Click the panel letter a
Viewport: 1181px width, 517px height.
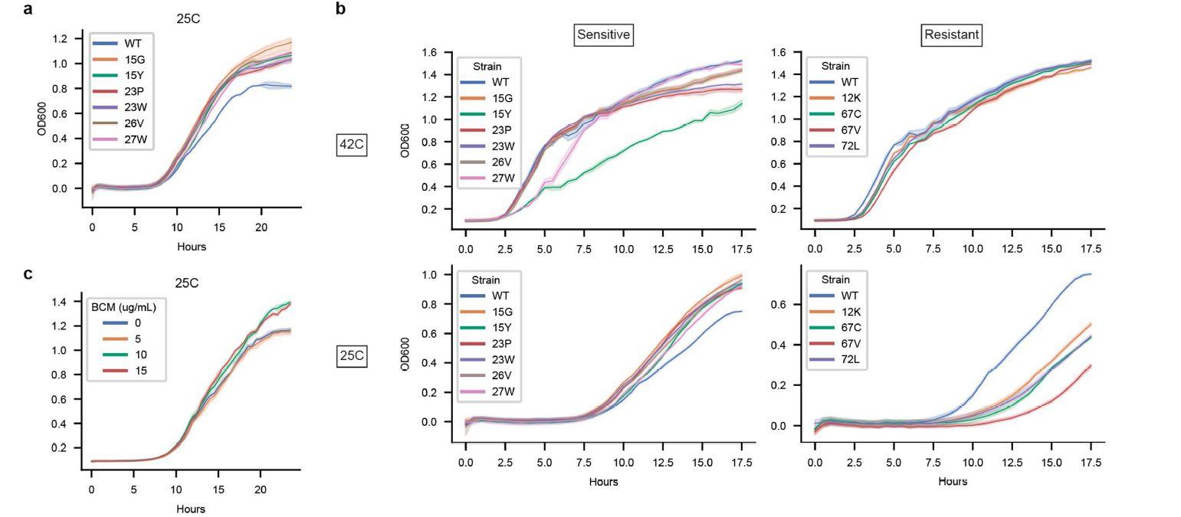point(28,9)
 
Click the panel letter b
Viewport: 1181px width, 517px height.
point(340,9)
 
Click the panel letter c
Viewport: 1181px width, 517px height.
point(28,273)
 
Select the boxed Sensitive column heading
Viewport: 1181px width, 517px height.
point(603,34)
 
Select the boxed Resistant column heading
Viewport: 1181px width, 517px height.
point(951,34)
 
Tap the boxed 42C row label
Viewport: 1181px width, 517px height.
point(352,144)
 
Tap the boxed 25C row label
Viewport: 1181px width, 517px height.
point(352,356)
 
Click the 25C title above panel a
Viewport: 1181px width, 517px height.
point(188,19)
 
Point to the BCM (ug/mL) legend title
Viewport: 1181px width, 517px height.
point(123,307)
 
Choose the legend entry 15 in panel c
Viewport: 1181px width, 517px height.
point(138,371)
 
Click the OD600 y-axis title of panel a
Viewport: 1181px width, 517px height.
point(42,118)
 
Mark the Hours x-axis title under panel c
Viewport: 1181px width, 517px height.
point(191,509)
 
